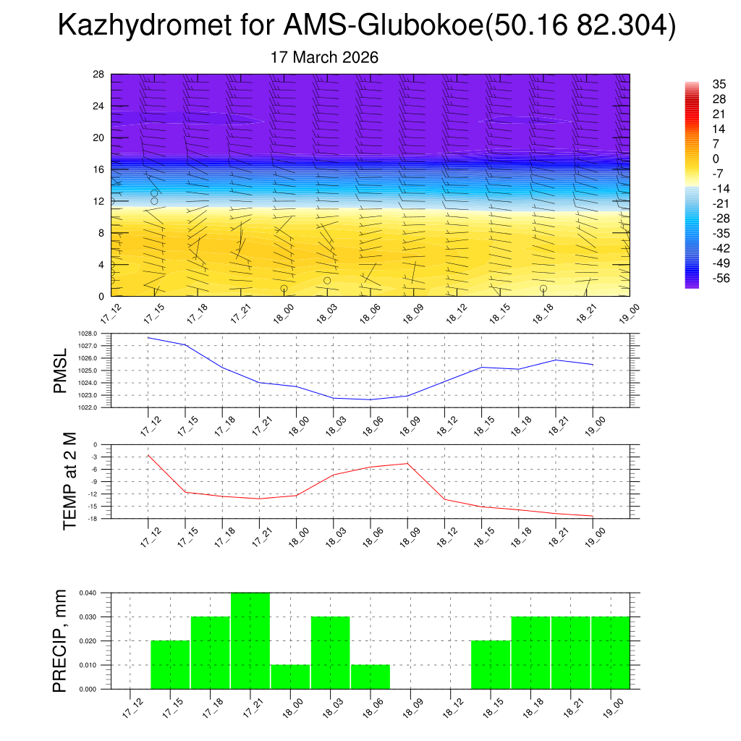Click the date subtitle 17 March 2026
pos(324,57)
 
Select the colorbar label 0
pos(695,158)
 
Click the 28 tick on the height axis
pos(98,75)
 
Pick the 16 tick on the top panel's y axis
pos(98,169)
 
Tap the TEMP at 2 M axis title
pos(69,480)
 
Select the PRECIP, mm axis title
pos(61,640)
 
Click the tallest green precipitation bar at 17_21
pos(250,640)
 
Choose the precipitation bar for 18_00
pos(290,677)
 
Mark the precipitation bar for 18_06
pos(370,677)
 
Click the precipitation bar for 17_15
pos(170,664)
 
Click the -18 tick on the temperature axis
pos(93,519)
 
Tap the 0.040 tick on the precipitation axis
pos(88,593)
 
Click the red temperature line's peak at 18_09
pos(407,463)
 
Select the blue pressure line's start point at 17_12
pos(148,337)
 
